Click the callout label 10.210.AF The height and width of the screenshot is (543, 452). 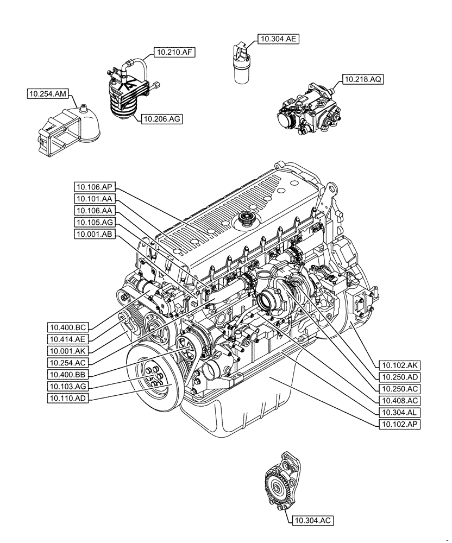pyautogui.click(x=174, y=52)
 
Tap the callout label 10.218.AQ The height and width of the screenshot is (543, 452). pyautogui.click(x=363, y=79)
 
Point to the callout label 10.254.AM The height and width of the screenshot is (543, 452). pyautogui.click(x=48, y=94)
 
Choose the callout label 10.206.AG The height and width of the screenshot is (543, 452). pyautogui.click(x=161, y=118)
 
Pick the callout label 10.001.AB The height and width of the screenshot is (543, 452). pyautogui.click(x=94, y=235)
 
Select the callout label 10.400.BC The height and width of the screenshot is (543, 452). pyautogui.click(x=68, y=327)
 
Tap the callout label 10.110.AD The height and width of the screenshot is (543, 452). pyautogui.click(x=68, y=398)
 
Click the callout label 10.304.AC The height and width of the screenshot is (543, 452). pyautogui.click(x=312, y=521)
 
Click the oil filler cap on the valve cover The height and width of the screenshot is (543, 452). pyautogui.click(x=247, y=221)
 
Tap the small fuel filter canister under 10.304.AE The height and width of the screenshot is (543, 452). pyautogui.click(x=242, y=70)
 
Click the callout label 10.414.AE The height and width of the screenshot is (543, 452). pyautogui.click(x=68, y=339)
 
